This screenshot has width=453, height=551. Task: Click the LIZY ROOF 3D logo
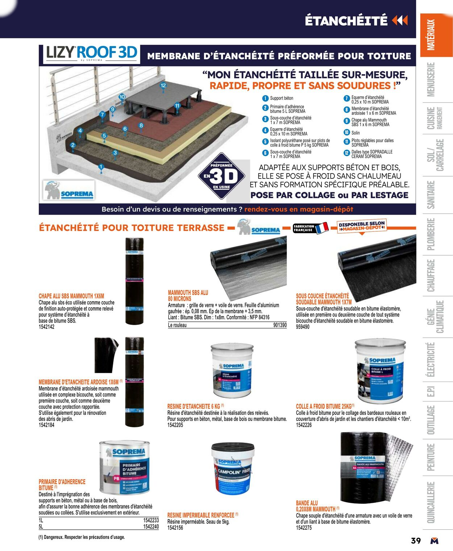(91, 53)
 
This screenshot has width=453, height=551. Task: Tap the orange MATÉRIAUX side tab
(436, 35)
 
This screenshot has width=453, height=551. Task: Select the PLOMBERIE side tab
(431, 234)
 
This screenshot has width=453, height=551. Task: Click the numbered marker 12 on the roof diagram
(163, 85)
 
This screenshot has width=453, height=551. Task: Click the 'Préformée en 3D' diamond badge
(221, 177)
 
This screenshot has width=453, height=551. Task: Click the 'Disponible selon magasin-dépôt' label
(362, 226)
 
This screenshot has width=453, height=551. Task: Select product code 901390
(280, 325)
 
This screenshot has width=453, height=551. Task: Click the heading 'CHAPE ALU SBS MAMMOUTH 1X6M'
(71, 296)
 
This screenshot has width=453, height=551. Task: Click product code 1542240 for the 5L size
(151, 527)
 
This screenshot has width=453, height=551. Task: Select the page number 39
(416, 541)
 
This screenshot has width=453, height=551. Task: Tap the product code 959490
(303, 327)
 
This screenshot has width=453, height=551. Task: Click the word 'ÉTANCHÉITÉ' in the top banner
(346, 21)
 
